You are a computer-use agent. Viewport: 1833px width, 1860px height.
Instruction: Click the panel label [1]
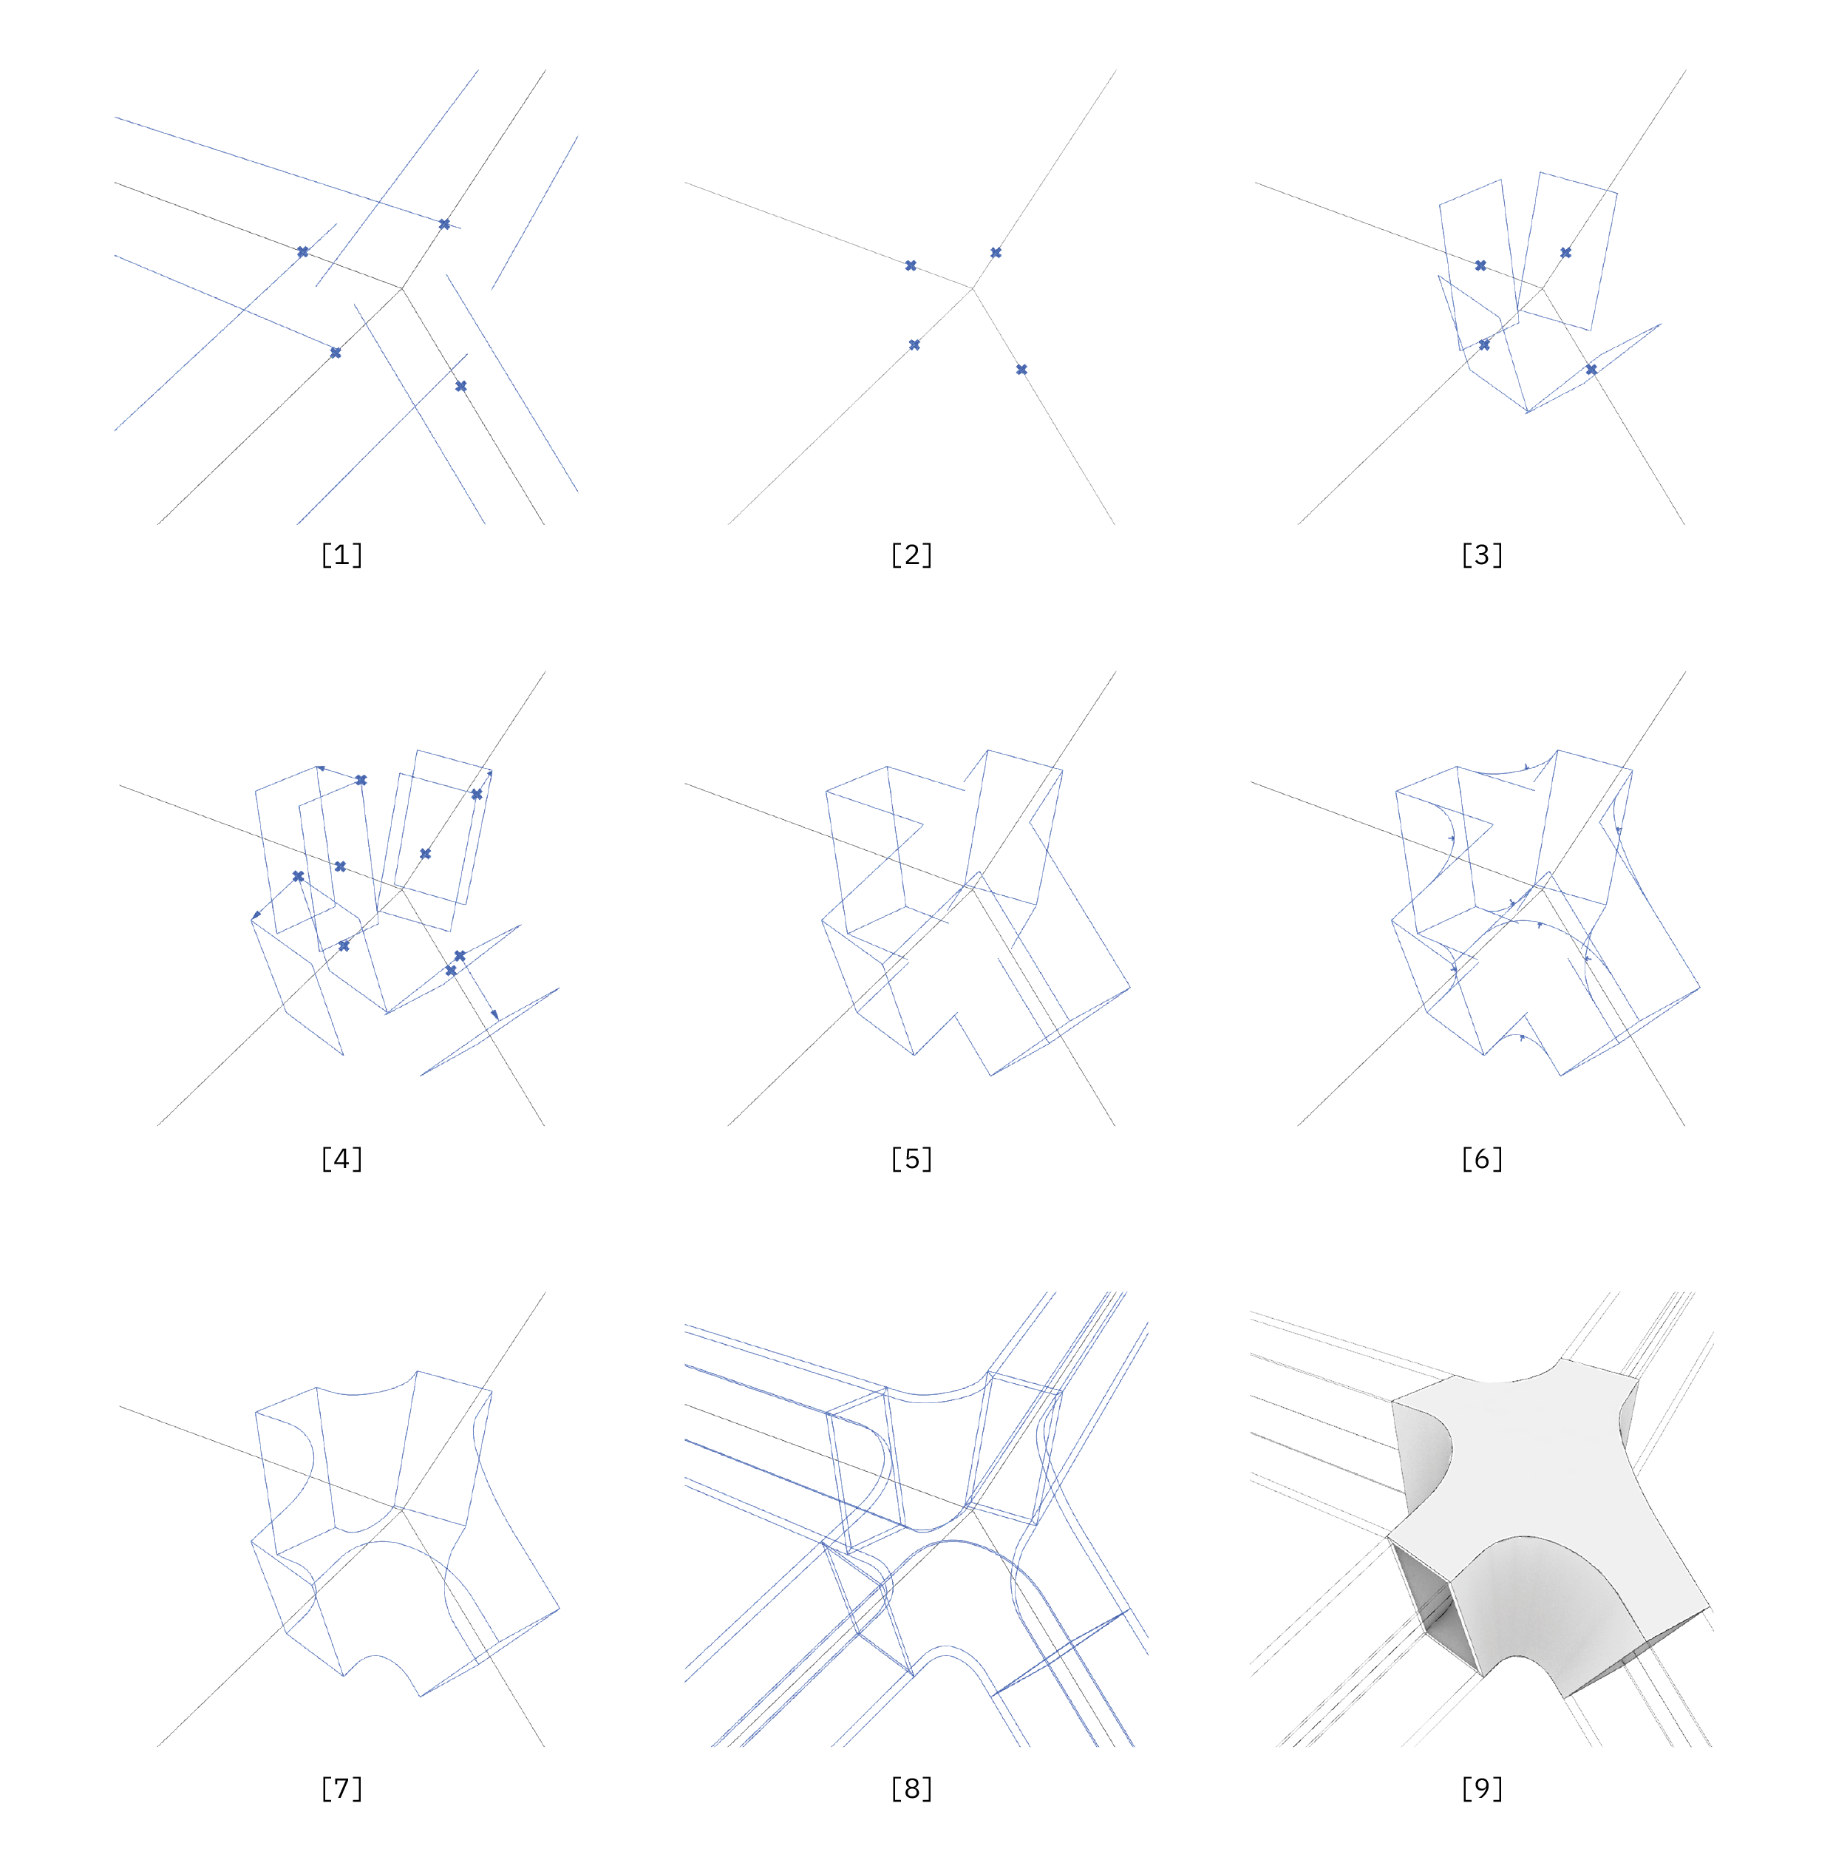click(x=341, y=554)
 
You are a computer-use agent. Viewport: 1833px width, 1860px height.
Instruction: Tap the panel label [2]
click(x=911, y=554)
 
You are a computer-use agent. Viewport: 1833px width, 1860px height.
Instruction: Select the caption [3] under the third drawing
click(x=1482, y=554)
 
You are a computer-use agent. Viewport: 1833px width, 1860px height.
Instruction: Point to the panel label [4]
click(x=341, y=1158)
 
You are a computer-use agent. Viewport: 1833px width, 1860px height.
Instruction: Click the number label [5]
click(x=911, y=1158)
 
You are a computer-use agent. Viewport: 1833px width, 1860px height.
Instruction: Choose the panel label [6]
click(x=1482, y=1158)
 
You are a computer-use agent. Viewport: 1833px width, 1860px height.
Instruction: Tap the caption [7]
click(x=341, y=1789)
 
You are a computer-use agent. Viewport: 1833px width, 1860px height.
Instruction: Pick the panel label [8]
click(x=911, y=1789)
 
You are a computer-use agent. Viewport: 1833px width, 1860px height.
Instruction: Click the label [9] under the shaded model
click(x=1482, y=1789)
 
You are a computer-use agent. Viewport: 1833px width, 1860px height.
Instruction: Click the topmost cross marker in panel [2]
click(x=996, y=253)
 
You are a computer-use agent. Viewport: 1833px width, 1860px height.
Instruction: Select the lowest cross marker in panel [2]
click(x=1021, y=370)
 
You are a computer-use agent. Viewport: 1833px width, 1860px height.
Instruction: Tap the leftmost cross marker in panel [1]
click(x=302, y=252)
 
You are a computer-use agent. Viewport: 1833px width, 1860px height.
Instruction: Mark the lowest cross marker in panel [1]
click(x=461, y=386)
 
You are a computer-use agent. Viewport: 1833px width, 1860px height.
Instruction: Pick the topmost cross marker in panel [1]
click(x=443, y=224)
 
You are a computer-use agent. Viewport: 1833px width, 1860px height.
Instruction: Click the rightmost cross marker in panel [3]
click(x=1591, y=370)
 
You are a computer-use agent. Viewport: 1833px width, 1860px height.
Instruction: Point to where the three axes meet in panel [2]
click(x=973, y=288)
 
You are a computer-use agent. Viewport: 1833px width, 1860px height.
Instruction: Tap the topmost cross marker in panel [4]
click(x=361, y=780)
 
